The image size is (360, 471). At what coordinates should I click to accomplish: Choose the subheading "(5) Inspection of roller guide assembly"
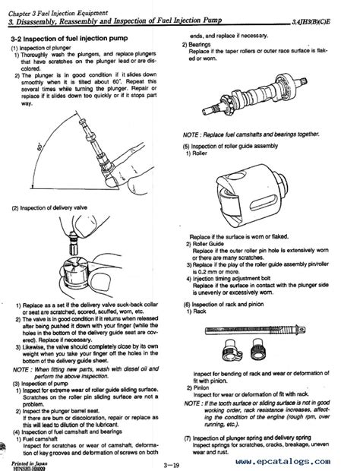242,147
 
